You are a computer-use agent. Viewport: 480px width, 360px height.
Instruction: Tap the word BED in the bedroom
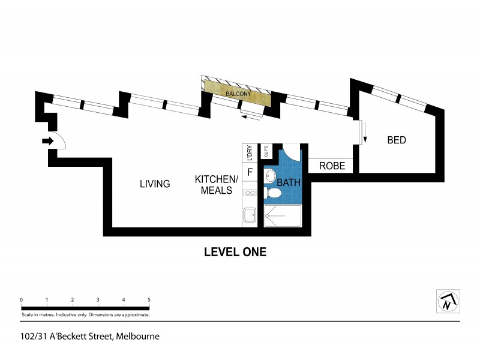397,140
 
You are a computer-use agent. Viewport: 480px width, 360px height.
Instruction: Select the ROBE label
332,166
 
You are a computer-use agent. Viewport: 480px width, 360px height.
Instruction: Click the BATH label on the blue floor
288,181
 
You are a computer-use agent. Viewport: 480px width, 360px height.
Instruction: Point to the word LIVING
155,184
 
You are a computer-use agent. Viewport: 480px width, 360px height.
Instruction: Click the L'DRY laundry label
250,153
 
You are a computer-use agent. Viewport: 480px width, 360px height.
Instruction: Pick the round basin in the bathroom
271,176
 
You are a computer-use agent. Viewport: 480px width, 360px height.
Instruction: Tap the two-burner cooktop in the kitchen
250,193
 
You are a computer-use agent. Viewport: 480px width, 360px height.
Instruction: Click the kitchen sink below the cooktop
249,215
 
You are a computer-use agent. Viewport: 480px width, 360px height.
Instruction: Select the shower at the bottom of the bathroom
282,216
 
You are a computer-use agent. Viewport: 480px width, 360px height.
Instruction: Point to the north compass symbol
447,301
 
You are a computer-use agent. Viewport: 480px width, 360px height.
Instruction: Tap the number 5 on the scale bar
149,299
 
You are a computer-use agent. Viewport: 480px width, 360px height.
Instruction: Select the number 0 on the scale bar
21,299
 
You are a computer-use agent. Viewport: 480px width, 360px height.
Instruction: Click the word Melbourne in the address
138,337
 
